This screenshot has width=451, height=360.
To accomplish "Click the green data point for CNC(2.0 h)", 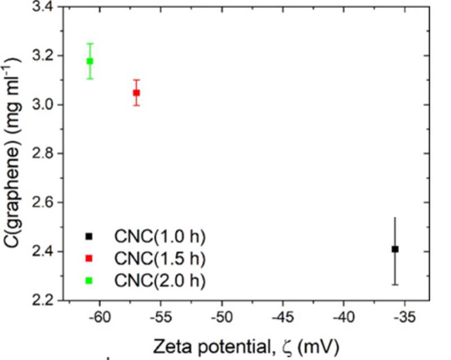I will click(90, 61).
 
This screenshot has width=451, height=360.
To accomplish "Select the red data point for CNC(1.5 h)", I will click(136, 93).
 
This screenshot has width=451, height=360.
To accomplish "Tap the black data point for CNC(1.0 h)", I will click(395, 249).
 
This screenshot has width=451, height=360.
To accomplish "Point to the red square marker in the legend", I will click(90, 258).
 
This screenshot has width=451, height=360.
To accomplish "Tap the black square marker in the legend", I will click(90, 235).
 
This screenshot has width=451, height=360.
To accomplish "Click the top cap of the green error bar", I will click(90, 43).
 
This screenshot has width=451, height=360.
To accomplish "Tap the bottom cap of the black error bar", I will click(395, 284).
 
